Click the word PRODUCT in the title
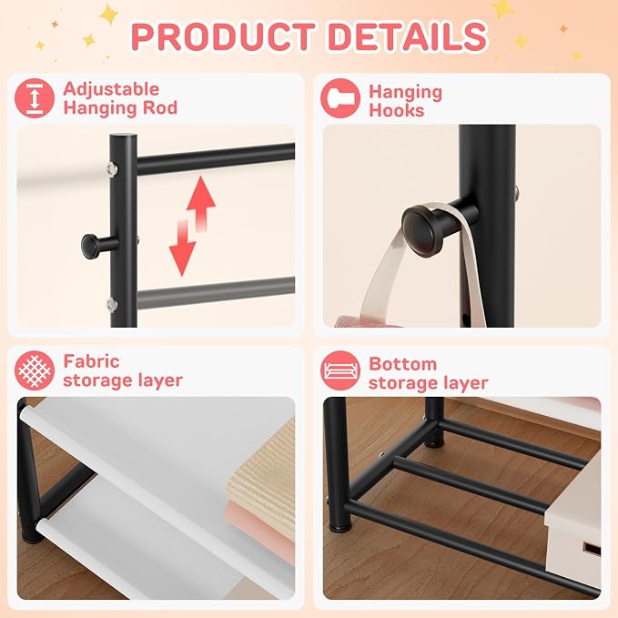[x=224, y=36]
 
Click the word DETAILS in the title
[x=408, y=36]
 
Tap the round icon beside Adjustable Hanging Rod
[x=35, y=98]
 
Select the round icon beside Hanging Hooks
[x=340, y=98]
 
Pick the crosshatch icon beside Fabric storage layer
[x=35, y=370]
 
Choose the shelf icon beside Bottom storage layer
[x=340, y=370]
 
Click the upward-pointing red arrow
[x=201, y=203]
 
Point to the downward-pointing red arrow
[x=183, y=248]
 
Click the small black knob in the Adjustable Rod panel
[x=91, y=244]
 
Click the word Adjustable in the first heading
[x=111, y=89]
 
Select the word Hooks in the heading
[x=397, y=111]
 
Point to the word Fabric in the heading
[x=91, y=361]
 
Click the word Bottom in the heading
[x=403, y=364]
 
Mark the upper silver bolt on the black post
[x=112, y=168]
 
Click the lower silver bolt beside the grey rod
[x=112, y=304]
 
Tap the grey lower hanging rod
[x=216, y=293]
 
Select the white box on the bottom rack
[x=573, y=521]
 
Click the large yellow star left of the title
[x=108, y=15]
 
